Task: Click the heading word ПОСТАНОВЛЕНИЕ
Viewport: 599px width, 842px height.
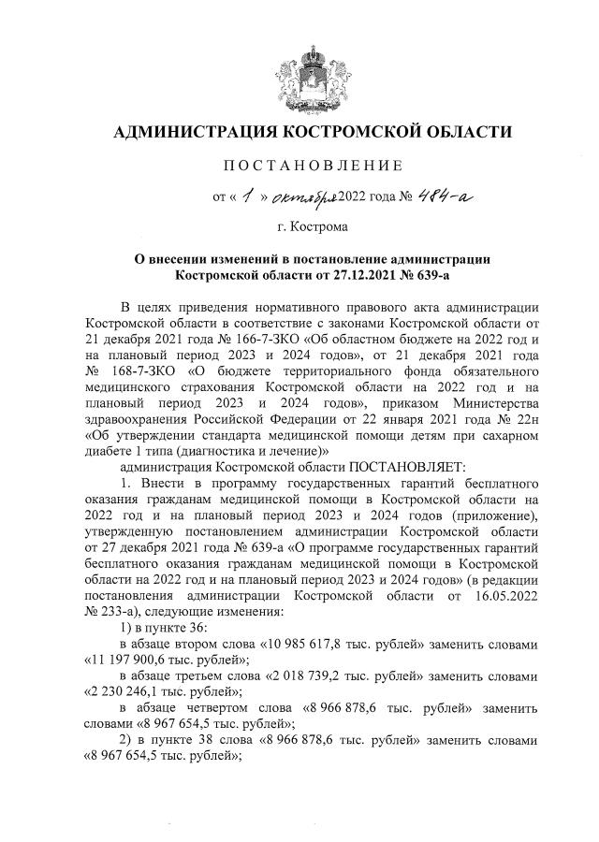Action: pos(299,166)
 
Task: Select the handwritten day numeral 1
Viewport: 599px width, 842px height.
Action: pos(246,196)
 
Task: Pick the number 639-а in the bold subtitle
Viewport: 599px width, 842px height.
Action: pos(442,275)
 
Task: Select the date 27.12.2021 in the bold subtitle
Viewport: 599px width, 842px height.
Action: pos(364,275)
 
